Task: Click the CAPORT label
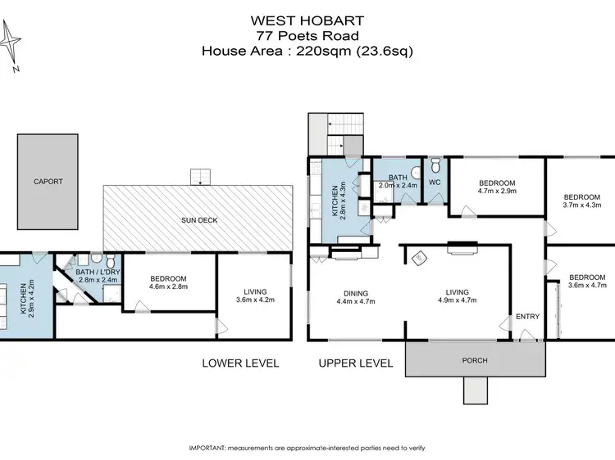(48, 182)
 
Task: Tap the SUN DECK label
(198, 220)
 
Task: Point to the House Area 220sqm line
(307, 50)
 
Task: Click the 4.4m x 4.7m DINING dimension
(356, 301)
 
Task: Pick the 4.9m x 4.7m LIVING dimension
(457, 301)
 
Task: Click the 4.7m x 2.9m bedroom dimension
(497, 191)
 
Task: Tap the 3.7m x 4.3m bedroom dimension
(581, 205)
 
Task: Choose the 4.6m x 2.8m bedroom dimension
(169, 287)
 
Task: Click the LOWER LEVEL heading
(240, 363)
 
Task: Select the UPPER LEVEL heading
(357, 363)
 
